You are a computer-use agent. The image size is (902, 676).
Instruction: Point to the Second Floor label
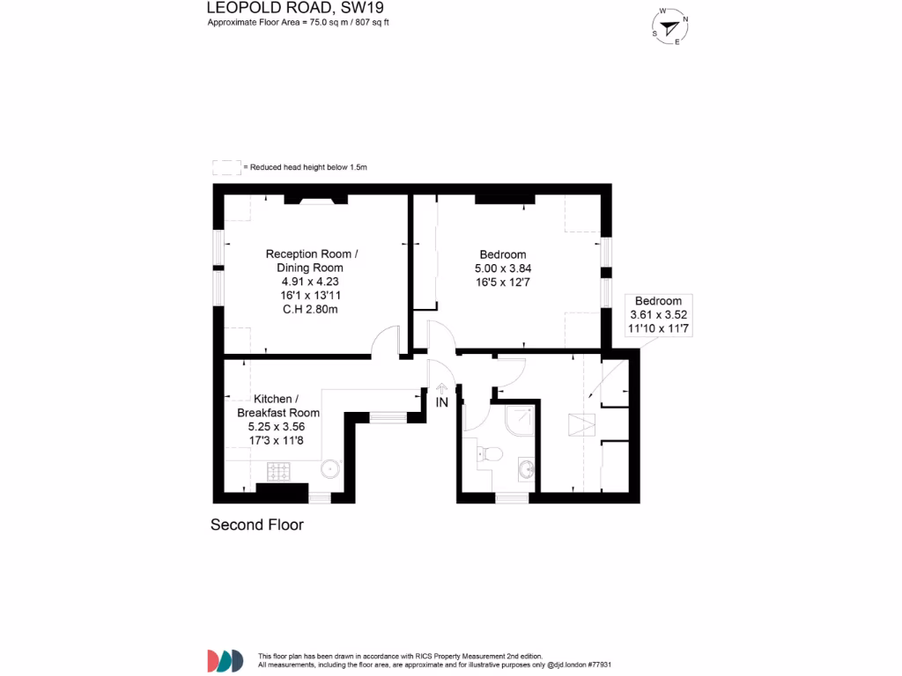(x=256, y=525)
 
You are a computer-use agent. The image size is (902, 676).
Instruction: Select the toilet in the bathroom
(x=488, y=454)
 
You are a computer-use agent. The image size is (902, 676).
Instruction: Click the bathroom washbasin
(x=526, y=468)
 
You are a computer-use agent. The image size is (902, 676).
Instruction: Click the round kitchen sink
(x=330, y=470)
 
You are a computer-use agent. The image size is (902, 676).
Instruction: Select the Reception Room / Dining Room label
(x=312, y=261)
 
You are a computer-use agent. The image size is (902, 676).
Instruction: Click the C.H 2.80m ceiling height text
(x=312, y=309)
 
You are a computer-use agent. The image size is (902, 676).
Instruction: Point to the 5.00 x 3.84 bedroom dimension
(x=505, y=268)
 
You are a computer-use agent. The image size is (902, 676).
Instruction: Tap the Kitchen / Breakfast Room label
(x=278, y=406)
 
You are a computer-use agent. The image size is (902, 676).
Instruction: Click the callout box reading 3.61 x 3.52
(x=658, y=314)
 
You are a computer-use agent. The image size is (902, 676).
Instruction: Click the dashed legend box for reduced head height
(x=226, y=167)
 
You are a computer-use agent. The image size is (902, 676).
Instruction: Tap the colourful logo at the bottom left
(x=225, y=660)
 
